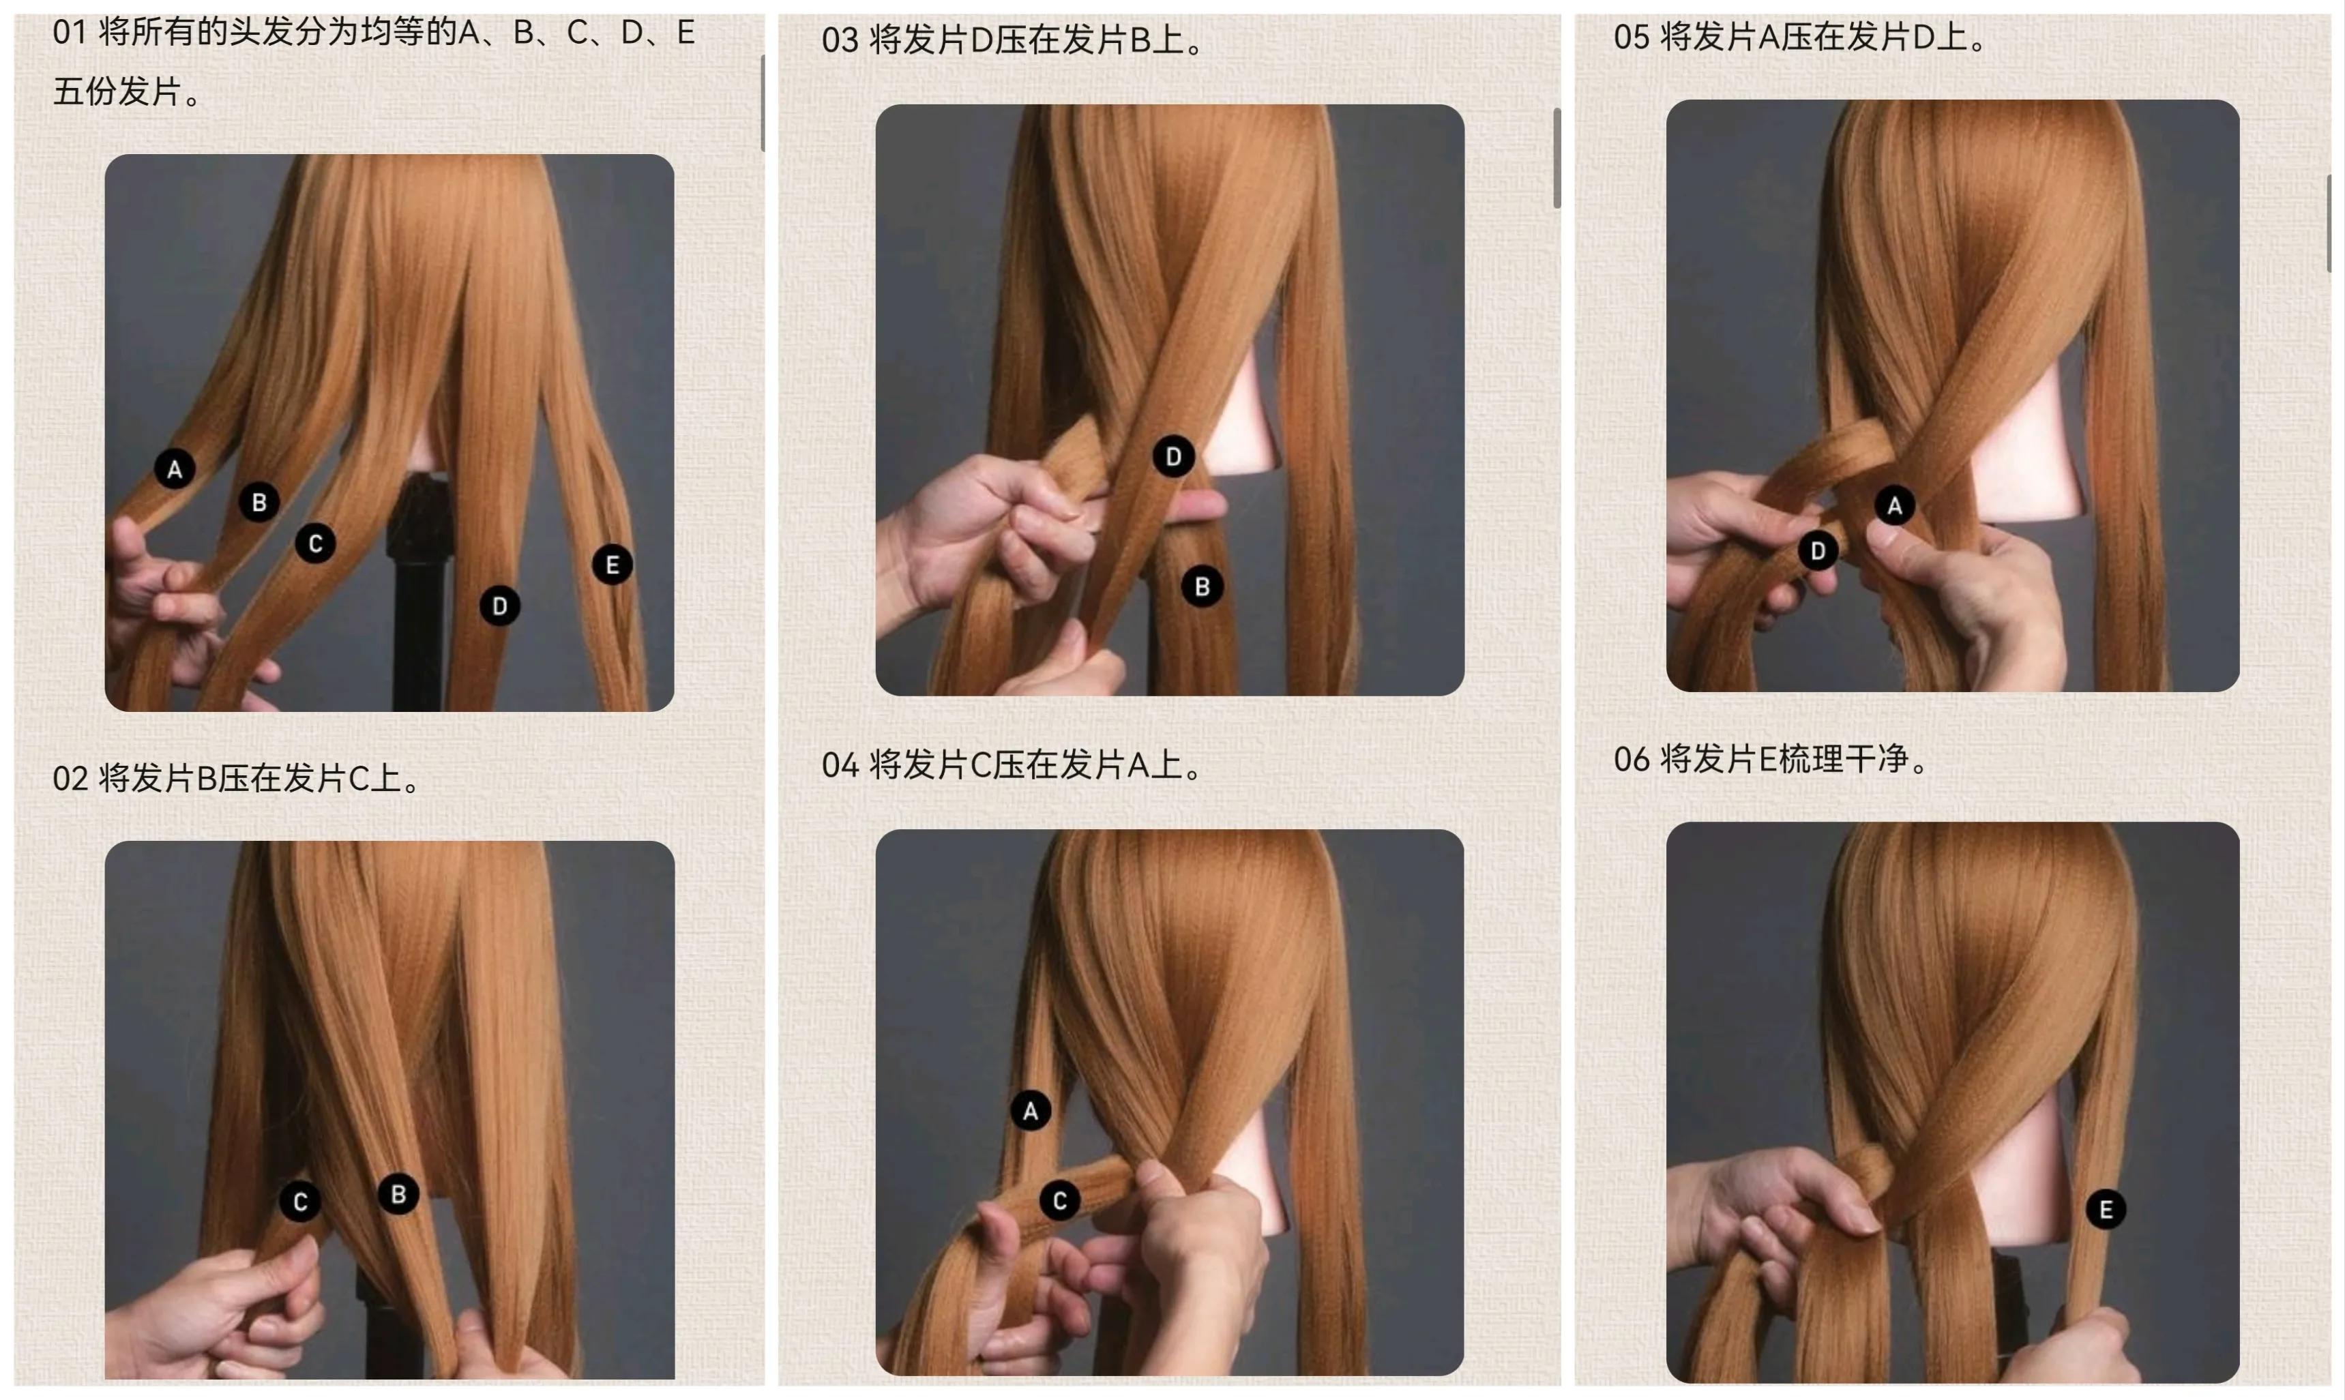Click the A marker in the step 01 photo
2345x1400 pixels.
click(x=175, y=469)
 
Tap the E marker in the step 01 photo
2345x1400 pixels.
click(x=613, y=565)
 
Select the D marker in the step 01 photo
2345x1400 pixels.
click(x=500, y=606)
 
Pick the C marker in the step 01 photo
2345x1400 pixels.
click(x=315, y=543)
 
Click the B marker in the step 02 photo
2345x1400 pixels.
click(x=398, y=1194)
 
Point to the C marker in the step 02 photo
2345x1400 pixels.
click(x=300, y=1202)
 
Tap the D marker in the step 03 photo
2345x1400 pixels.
click(x=1173, y=457)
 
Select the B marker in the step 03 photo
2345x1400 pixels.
click(x=1203, y=586)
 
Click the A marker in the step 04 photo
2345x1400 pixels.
click(x=1031, y=1110)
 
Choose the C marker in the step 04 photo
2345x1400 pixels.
click(x=1060, y=1201)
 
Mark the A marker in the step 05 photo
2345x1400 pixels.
click(x=1895, y=506)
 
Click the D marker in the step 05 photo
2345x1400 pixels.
click(x=1818, y=551)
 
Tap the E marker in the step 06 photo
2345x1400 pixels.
click(x=2106, y=1210)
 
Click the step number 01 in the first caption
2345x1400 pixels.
click(x=70, y=33)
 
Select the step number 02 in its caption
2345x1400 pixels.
click(x=70, y=779)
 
